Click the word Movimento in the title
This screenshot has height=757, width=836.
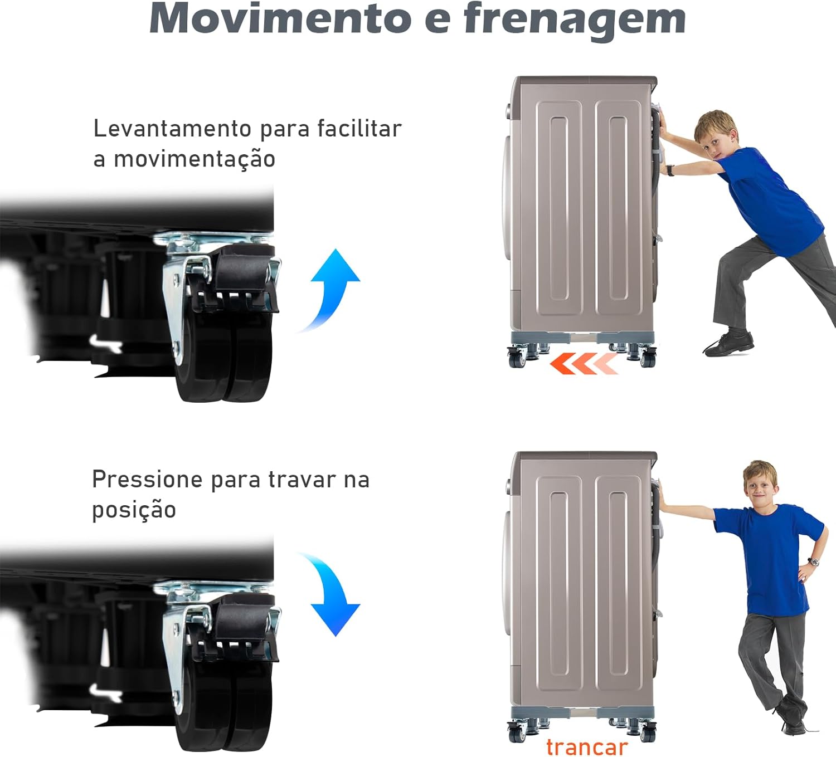click(x=280, y=19)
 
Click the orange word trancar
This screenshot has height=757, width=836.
click(x=586, y=747)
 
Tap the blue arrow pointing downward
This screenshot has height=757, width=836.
click(x=333, y=592)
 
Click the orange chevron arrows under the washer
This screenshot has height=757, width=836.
click(x=584, y=363)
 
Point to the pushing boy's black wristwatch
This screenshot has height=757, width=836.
click(x=670, y=170)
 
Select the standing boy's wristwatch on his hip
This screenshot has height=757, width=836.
click(x=813, y=562)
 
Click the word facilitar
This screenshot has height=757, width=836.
click(x=359, y=128)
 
